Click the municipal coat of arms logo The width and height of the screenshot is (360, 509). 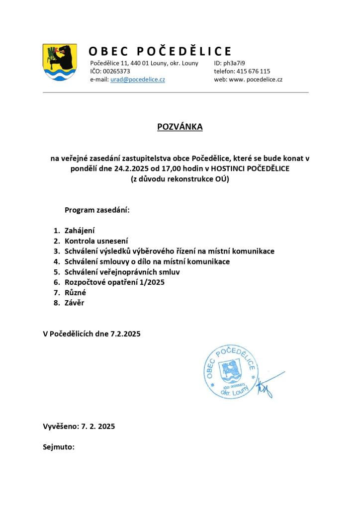pyautogui.click(x=60, y=62)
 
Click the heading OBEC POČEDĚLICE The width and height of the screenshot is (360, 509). pyautogui.click(x=160, y=51)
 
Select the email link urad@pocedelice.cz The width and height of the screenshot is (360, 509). pyautogui.click(x=138, y=80)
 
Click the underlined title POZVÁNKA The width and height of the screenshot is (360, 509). pyautogui.click(x=180, y=127)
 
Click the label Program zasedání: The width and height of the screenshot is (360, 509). pyautogui.click(x=97, y=210)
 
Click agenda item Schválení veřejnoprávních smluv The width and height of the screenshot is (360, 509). pyautogui.click(x=122, y=272)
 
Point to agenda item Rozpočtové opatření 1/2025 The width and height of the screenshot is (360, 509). pyautogui.click(x=114, y=282)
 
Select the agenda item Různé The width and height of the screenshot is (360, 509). pyautogui.click(x=75, y=293)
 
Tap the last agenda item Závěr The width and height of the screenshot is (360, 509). pyautogui.click(x=75, y=303)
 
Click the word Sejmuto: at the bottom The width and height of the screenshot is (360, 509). pyautogui.click(x=59, y=447)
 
